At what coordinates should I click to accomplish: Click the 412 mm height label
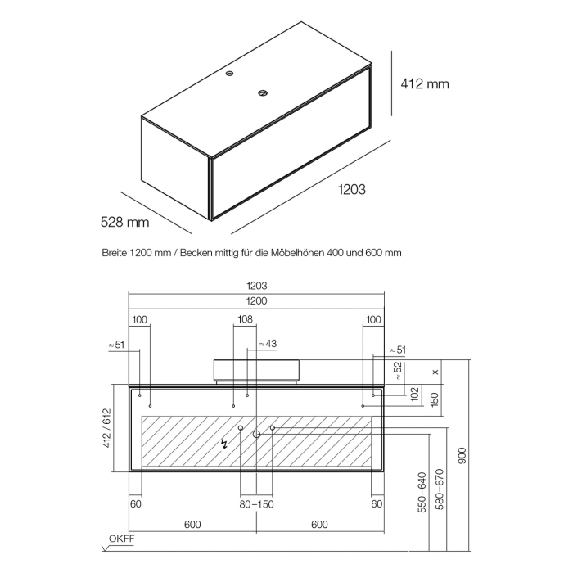pos(424,83)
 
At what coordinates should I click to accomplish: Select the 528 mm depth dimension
pos(124,221)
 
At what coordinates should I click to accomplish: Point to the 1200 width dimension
pos(257,301)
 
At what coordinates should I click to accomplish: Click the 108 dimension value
pos(245,319)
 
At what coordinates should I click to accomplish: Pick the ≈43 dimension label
pos(268,344)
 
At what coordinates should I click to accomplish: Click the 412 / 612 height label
pos(105,427)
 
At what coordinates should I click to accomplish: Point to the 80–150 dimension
pos(256,504)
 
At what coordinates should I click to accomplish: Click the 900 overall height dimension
pos(462,453)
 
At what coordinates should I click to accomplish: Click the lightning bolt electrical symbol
pos(227,444)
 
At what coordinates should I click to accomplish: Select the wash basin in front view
pos(256,370)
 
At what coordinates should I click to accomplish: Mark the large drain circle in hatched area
pos(256,434)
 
